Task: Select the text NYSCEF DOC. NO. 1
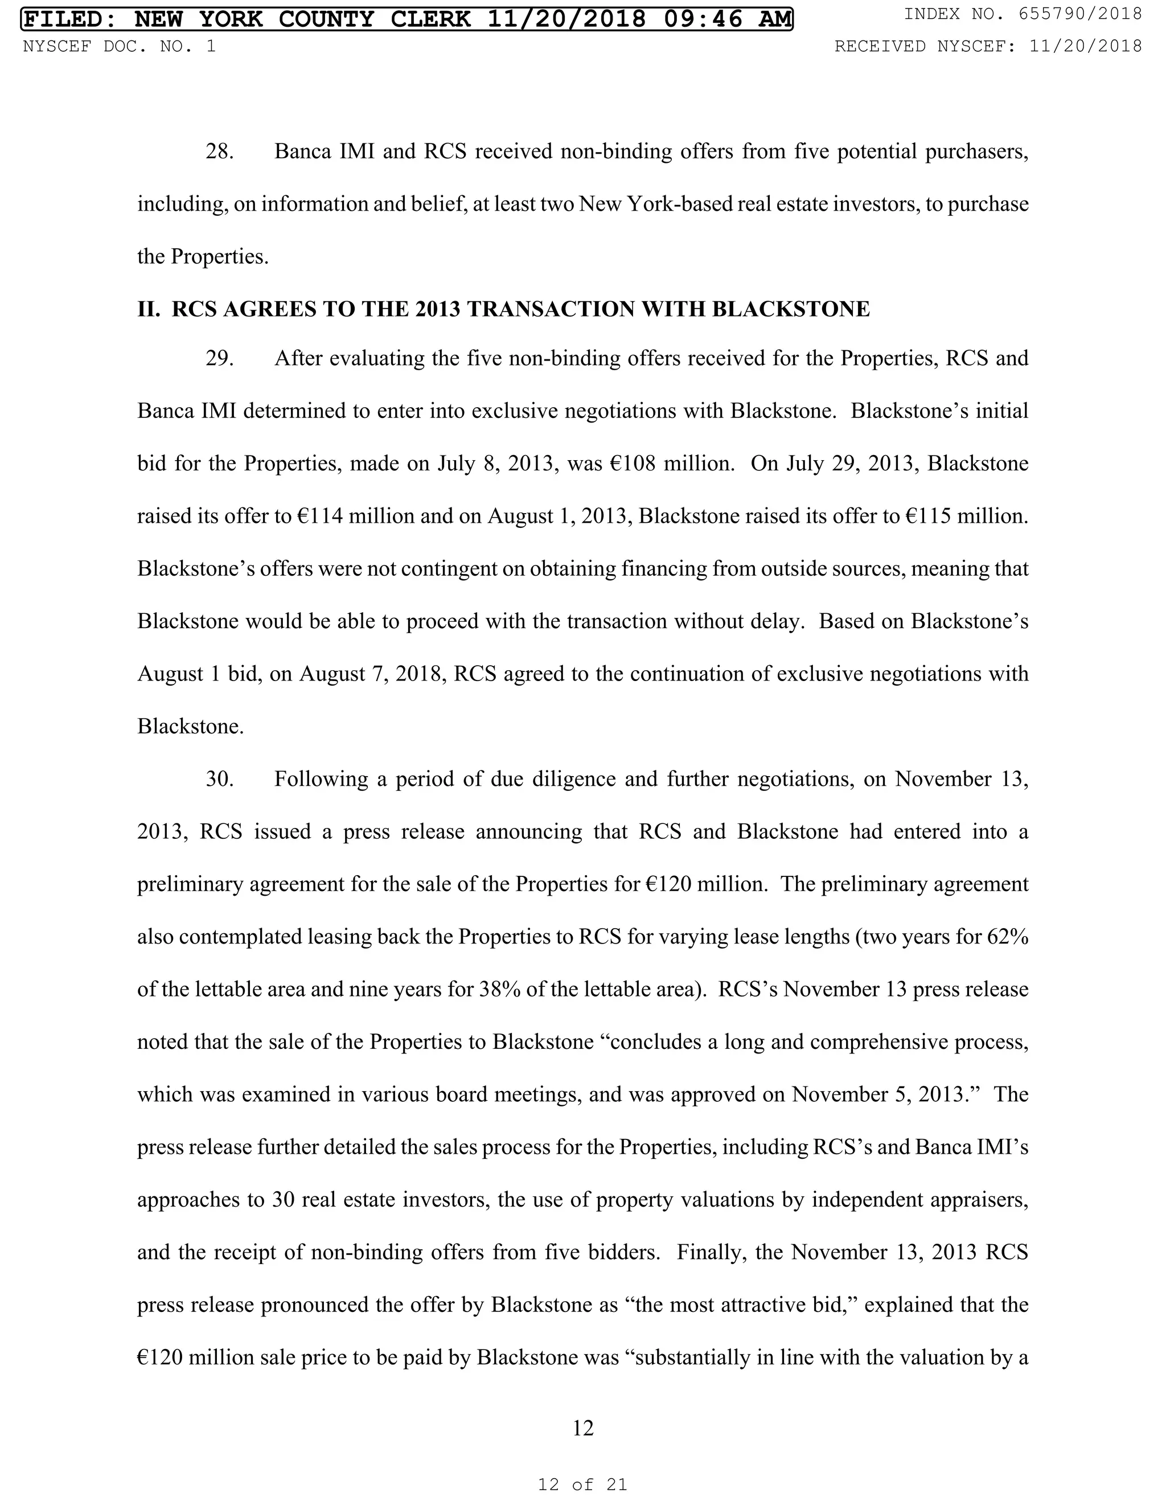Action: [x=119, y=46]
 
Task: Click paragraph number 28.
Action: [x=220, y=151]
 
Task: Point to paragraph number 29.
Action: [x=220, y=359]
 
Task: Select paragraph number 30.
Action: [x=220, y=780]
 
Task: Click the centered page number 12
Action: [x=583, y=1428]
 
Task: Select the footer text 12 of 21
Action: [x=582, y=1483]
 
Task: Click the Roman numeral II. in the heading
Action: [x=149, y=309]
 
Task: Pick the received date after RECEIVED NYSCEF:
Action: [x=1085, y=46]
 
